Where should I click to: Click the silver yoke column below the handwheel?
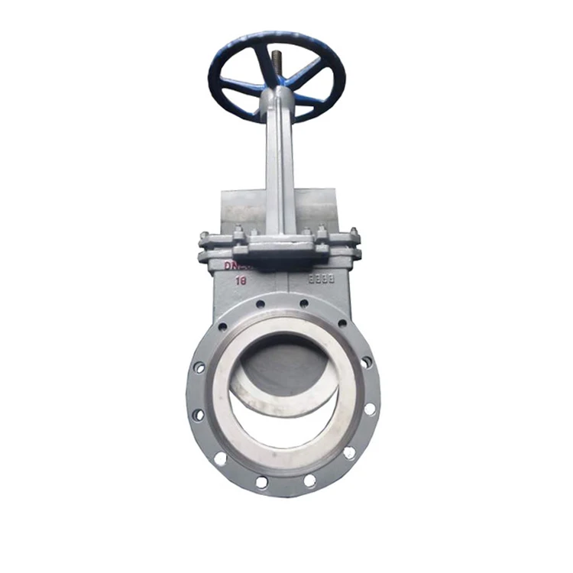[x=279, y=168]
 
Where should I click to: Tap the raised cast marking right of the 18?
[x=321, y=279]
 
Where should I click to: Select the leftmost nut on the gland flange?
[x=204, y=237]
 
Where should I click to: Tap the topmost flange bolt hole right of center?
[x=303, y=303]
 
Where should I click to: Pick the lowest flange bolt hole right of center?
[x=309, y=481]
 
